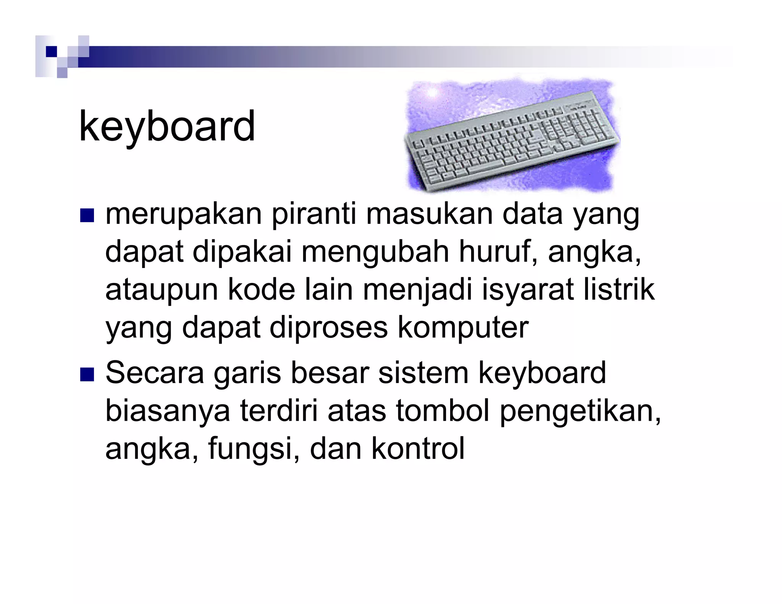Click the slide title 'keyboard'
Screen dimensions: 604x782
coord(167,127)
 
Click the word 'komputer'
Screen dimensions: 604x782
coord(463,328)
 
